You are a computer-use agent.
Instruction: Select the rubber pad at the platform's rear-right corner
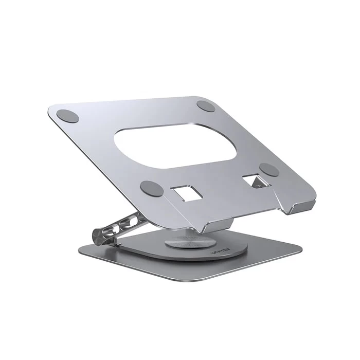tap(206, 106)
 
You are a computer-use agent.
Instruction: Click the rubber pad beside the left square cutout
tap(152, 188)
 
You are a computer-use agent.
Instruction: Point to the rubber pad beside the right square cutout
tap(269, 170)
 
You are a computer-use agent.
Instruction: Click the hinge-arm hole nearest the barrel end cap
tap(113, 229)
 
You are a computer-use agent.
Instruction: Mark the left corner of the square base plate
tap(80, 252)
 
